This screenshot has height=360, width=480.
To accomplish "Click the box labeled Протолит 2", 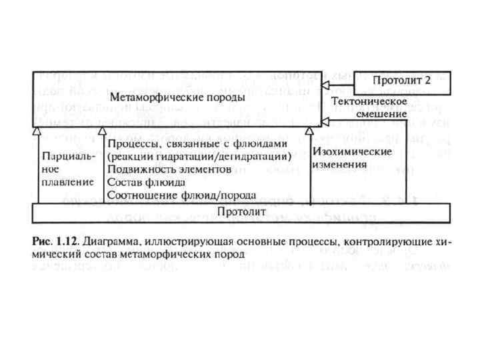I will [402, 81].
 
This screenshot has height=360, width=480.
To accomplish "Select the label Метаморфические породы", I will [177, 97].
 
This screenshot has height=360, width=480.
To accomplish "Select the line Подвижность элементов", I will [169, 169].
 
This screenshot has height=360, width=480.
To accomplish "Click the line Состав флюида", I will [144, 181].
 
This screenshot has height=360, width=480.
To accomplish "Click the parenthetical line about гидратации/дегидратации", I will [199, 157].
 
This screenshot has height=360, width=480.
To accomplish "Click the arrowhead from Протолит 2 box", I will [325, 87].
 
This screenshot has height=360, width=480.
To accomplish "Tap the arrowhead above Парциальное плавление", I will [38, 131].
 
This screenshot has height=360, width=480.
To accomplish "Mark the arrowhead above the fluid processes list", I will [101, 131].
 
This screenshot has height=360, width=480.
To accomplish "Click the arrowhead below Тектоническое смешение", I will [325, 120].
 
